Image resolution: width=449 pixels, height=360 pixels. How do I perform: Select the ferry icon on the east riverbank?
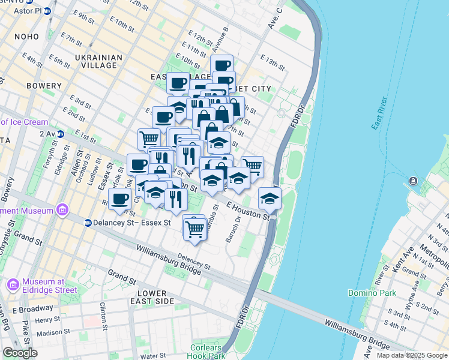[x=414, y=181]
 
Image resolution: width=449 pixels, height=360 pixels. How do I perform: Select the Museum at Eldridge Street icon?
[x=13, y=283]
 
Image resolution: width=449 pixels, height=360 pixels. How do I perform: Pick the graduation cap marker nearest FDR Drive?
[x=270, y=199]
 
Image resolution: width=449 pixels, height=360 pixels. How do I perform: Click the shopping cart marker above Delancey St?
[x=194, y=229]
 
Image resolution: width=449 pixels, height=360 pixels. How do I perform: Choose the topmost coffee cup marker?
[x=221, y=65]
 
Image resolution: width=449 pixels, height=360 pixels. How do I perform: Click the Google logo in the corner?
[x=20, y=353]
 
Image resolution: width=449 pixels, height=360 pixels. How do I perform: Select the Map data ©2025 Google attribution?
[x=411, y=355]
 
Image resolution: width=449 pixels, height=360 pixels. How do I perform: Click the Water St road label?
[x=153, y=356]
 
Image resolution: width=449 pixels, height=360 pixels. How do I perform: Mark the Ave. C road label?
[x=276, y=19]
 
